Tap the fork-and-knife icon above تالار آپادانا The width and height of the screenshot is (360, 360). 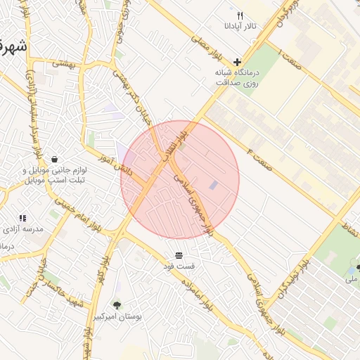pyautogui.click(x=240, y=15)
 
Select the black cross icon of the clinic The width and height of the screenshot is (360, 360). pyautogui.click(x=237, y=63)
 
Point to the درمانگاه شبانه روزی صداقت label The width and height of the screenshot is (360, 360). pyautogui.click(x=237, y=77)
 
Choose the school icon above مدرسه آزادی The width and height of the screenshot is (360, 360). pyautogui.click(x=22, y=219)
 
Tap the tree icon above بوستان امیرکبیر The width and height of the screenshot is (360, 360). pyautogui.click(x=117, y=305)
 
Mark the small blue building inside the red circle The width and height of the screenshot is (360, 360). pyautogui.click(x=213, y=185)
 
